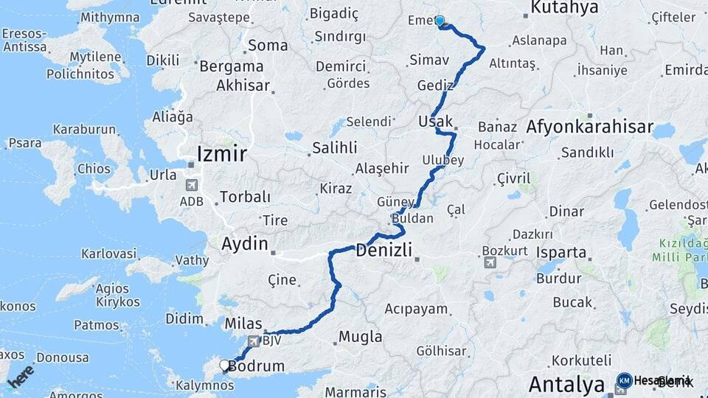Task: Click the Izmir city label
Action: [x=222, y=153]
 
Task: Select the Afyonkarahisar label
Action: [x=589, y=127]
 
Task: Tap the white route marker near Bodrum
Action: [x=225, y=364]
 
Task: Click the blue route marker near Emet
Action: [x=440, y=21]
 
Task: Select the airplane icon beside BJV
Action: [x=254, y=341]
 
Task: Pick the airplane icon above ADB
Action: [x=192, y=185]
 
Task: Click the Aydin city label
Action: [x=246, y=242]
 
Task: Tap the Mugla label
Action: [x=360, y=337]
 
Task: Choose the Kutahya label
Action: [x=564, y=8]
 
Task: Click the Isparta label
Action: [x=561, y=252]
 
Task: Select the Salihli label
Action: [x=334, y=147]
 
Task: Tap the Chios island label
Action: [x=93, y=169]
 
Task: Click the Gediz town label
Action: [x=434, y=85]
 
